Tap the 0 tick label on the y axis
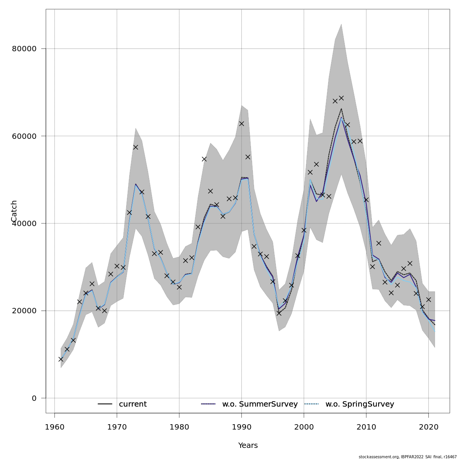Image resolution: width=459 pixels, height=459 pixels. (x=34, y=398)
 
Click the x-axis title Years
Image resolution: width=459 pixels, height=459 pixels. (x=248, y=446)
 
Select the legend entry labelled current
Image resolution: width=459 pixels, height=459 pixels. (x=133, y=404)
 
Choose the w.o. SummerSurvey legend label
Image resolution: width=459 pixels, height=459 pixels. (x=260, y=404)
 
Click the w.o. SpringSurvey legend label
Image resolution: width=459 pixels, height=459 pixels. (x=360, y=404)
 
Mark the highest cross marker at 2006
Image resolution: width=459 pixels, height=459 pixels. (x=341, y=98)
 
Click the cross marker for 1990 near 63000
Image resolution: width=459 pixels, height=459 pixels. (x=241, y=124)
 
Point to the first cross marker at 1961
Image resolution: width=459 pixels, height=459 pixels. (x=61, y=359)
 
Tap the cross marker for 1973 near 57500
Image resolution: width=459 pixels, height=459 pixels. (x=135, y=147)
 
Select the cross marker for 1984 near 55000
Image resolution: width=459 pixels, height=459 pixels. (x=204, y=159)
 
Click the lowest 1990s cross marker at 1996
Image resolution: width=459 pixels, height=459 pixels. (x=279, y=313)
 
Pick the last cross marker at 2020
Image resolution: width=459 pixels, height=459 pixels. (x=428, y=299)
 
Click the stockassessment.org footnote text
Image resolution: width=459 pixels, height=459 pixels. (x=407, y=457)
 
